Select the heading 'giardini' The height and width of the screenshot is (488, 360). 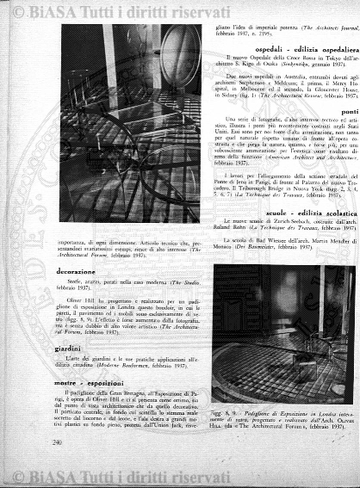tap(68, 349)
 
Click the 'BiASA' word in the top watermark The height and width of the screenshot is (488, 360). tap(53, 11)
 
